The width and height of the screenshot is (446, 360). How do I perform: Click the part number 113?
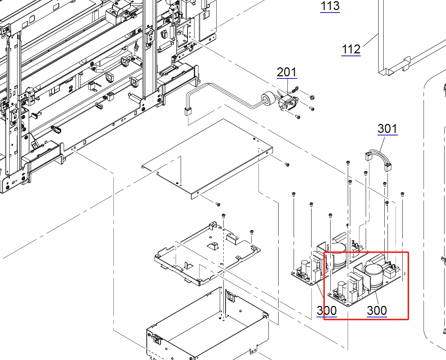coord(330,6)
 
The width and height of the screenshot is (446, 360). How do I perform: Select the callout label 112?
coord(351,49)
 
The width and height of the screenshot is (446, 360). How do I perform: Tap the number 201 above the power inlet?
coord(287,72)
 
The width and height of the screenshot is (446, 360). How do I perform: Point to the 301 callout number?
coord(388,129)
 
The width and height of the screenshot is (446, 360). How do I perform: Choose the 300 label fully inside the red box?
coord(377,311)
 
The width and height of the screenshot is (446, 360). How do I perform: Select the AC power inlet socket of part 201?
coord(289,103)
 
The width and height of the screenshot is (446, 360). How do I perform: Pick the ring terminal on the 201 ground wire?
coord(296,89)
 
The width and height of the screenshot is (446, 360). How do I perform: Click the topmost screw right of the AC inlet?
coord(312,97)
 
